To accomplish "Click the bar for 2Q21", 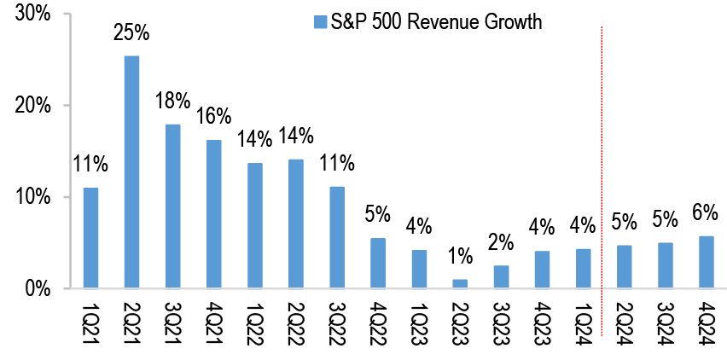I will tap(131, 171).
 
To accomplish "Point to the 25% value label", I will tap(132, 34).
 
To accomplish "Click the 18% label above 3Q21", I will tap(173, 102).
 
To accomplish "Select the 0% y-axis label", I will tap(39, 288).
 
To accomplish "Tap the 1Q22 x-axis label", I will tap(255, 324).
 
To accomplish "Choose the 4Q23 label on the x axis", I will tap(542, 324).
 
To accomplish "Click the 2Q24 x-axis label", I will tap(625, 324).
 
